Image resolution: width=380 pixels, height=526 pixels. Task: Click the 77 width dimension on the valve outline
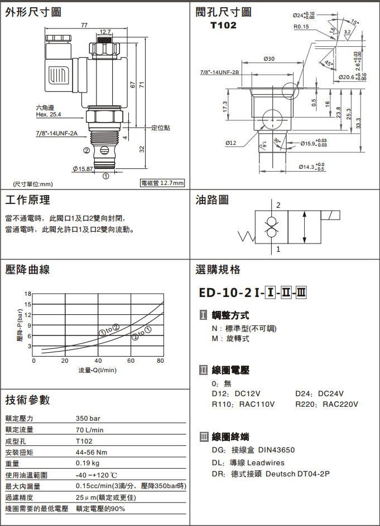(x=84, y=25)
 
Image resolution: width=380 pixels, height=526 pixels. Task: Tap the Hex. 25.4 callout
(x=49, y=115)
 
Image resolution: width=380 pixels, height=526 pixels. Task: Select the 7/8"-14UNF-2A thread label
(x=57, y=134)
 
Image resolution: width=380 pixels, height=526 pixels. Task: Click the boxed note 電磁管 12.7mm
(x=162, y=183)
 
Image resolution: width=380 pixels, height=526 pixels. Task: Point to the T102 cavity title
(x=223, y=26)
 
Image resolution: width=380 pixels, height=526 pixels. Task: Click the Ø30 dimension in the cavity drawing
(x=269, y=59)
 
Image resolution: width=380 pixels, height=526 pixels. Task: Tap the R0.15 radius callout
(x=301, y=27)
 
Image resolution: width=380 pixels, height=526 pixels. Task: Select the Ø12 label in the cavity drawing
(x=231, y=143)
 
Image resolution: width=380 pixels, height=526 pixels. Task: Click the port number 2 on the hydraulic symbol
(x=278, y=205)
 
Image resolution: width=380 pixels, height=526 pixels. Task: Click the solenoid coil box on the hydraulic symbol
(x=330, y=215)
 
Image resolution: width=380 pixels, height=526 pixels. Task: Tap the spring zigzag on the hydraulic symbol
(x=247, y=236)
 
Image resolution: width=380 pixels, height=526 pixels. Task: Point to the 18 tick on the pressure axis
(x=27, y=294)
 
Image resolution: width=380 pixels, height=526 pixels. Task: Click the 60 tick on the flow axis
(x=131, y=361)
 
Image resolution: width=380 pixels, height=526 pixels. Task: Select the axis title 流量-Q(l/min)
(x=98, y=371)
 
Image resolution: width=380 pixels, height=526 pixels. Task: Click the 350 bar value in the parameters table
(x=88, y=418)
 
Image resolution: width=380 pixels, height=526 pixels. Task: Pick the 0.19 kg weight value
(x=88, y=463)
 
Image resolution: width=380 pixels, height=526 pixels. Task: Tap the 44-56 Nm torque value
(x=92, y=452)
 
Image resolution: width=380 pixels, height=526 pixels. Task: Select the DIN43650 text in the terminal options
(x=276, y=450)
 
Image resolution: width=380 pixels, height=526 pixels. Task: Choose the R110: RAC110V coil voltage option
(x=243, y=404)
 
